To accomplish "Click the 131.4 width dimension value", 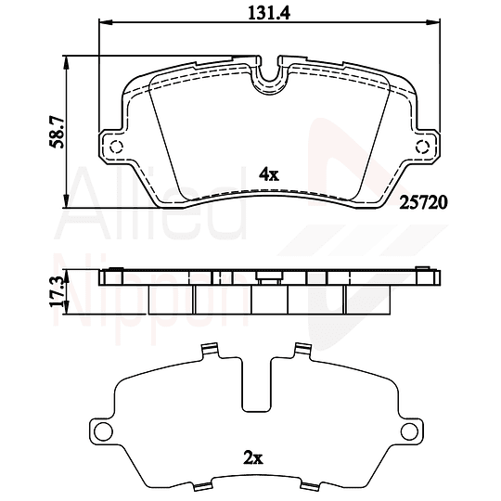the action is click(269, 13).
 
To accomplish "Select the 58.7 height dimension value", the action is click(57, 132).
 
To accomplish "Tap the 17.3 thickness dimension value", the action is click(57, 291).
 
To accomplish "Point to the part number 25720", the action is click(424, 202).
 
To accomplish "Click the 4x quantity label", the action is click(269, 174).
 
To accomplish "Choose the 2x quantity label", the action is click(252, 459).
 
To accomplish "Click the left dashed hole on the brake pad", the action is click(116, 148).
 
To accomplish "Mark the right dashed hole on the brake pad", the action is click(422, 148).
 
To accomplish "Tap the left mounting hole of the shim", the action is click(104, 430).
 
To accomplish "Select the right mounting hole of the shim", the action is click(409, 430).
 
